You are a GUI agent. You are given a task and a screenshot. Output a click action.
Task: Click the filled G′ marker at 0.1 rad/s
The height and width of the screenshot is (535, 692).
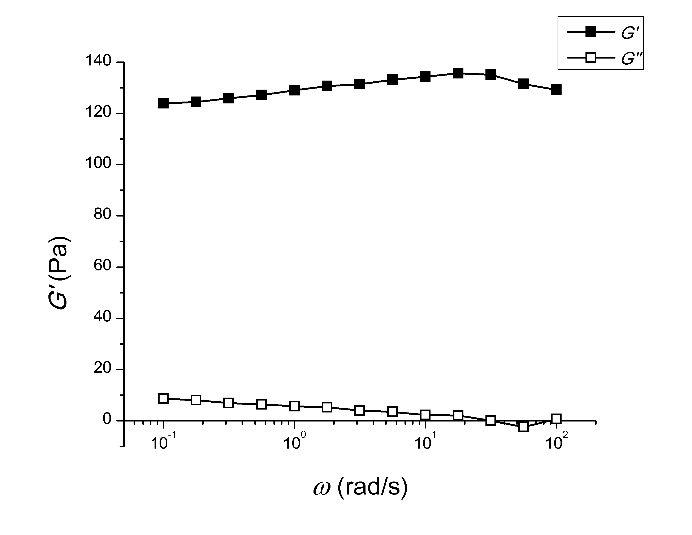click(x=163, y=103)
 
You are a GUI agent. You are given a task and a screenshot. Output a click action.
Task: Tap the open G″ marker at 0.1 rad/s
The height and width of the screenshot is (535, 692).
click(x=163, y=398)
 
